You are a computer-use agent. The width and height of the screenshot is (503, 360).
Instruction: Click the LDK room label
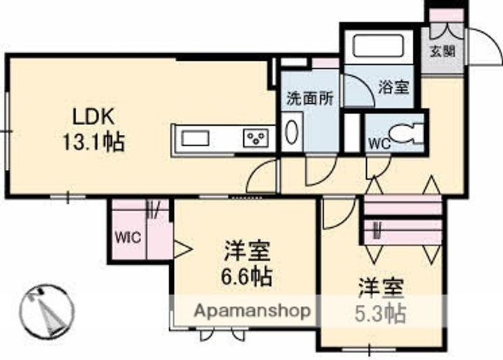click(94, 117)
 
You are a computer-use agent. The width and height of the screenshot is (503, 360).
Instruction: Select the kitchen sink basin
click(195, 138)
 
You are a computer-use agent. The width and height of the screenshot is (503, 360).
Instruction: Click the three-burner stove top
click(256, 138)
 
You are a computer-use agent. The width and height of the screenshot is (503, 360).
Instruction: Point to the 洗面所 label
click(309, 99)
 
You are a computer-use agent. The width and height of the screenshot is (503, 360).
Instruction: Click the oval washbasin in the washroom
click(292, 132)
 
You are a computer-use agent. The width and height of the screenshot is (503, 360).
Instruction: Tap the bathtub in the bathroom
click(378, 46)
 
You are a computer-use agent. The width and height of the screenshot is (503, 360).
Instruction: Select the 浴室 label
click(393, 87)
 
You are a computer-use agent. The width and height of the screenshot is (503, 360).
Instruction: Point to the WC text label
click(379, 143)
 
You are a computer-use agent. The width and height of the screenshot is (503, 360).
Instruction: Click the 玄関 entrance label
click(443, 51)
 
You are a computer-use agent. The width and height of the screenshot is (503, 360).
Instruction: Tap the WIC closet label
click(128, 238)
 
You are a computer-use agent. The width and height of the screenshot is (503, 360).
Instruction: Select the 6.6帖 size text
click(247, 276)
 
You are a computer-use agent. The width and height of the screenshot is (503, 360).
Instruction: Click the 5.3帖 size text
click(381, 313)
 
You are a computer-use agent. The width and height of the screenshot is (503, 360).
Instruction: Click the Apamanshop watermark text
click(252, 310)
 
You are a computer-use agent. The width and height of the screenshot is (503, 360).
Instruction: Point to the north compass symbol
click(47, 310)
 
